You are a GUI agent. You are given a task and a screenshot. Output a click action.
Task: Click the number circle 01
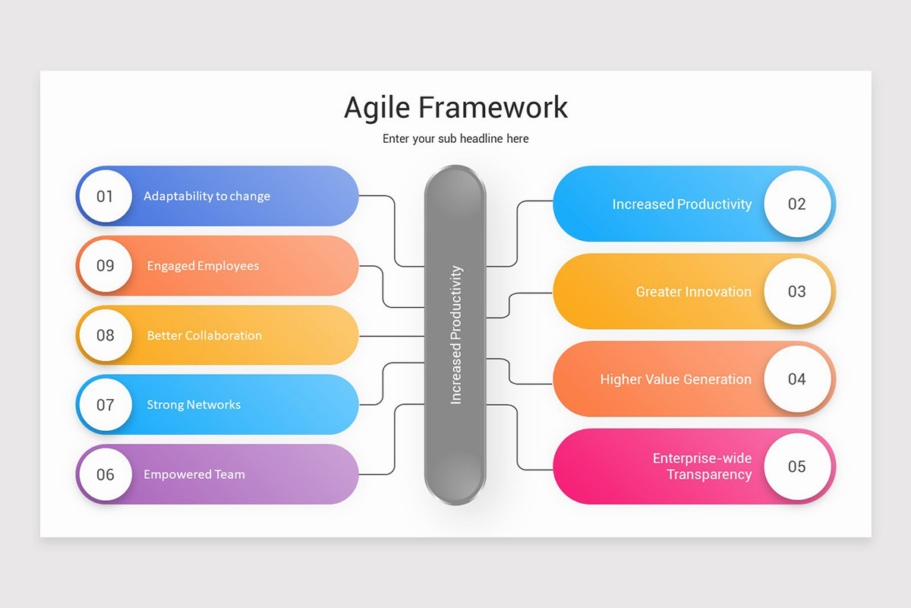pos(105,196)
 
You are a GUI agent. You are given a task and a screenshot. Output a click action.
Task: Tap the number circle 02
pos(796,204)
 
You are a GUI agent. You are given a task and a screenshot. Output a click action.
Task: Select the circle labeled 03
pos(796,291)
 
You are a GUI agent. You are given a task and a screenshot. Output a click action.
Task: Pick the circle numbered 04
pos(796,379)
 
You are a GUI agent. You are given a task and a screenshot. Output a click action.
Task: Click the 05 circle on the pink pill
pos(796,467)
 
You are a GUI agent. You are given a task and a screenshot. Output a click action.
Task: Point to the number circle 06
pos(105,474)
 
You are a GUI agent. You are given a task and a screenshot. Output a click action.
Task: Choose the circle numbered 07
pos(105,405)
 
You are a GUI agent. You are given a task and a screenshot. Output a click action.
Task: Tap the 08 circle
pos(105,335)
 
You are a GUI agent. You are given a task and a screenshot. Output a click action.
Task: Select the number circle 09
pos(105,266)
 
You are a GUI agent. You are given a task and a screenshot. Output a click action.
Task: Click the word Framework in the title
pos(493,107)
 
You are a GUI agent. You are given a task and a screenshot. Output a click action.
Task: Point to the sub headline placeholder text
pos(455,139)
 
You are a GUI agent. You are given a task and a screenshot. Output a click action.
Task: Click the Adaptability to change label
pos(206,196)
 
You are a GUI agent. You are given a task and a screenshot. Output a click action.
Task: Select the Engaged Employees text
pos(203,266)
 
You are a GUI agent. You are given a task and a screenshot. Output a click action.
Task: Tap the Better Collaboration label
pos(204,335)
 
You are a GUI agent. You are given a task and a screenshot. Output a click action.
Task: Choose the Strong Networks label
pos(194,405)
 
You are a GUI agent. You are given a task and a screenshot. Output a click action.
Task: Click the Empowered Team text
pos(194,474)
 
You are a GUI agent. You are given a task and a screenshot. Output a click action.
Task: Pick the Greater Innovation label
pos(693,292)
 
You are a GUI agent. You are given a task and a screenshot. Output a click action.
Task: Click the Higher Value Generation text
pos(676,379)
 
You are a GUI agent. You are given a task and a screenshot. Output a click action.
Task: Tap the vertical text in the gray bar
pos(455,334)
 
